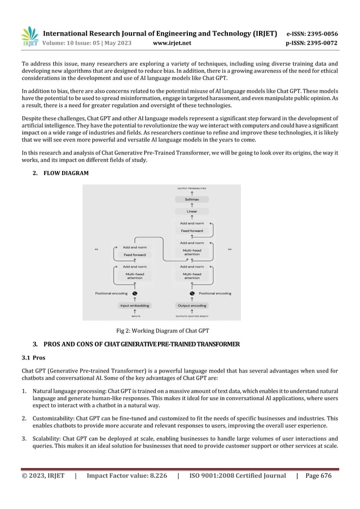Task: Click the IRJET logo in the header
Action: click(x=29, y=37)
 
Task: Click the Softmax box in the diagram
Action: click(x=192, y=199)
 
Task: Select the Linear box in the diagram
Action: click(x=192, y=212)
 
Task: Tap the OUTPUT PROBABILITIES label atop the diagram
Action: click(x=192, y=188)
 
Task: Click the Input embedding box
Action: click(x=134, y=305)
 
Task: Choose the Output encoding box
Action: click(x=192, y=305)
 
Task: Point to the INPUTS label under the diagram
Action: click(x=134, y=317)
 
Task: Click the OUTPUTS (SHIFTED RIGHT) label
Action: click(x=192, y=317)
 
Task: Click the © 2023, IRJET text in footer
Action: click(x=43, y=476)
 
